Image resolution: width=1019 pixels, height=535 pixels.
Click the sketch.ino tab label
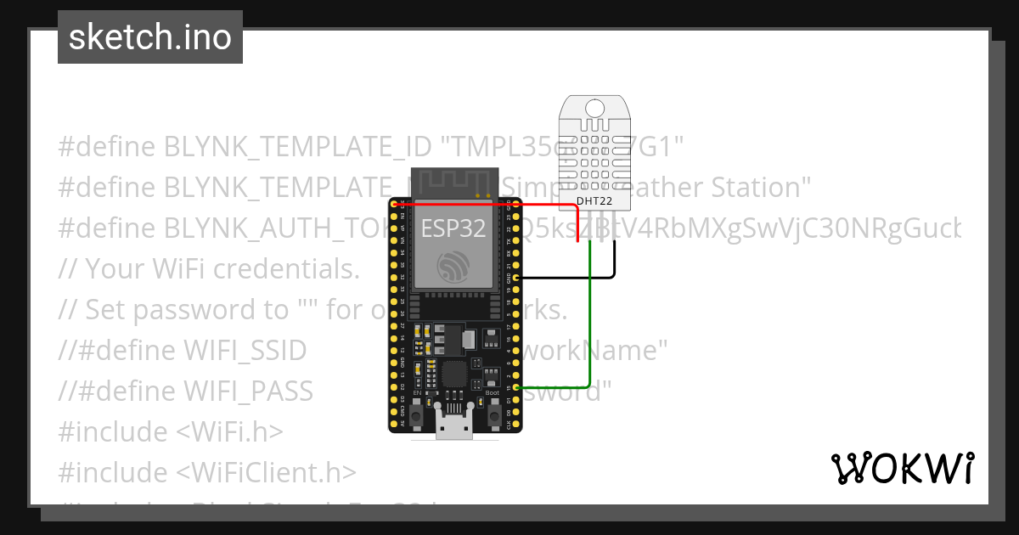click(149, 37)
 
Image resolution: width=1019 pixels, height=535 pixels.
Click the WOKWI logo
click(902, 468)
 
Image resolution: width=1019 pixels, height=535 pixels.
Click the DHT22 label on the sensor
click(594, 201)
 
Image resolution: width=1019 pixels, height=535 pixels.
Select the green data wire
click(589, 323)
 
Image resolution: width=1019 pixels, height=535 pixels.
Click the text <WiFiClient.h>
click(266, 472)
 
